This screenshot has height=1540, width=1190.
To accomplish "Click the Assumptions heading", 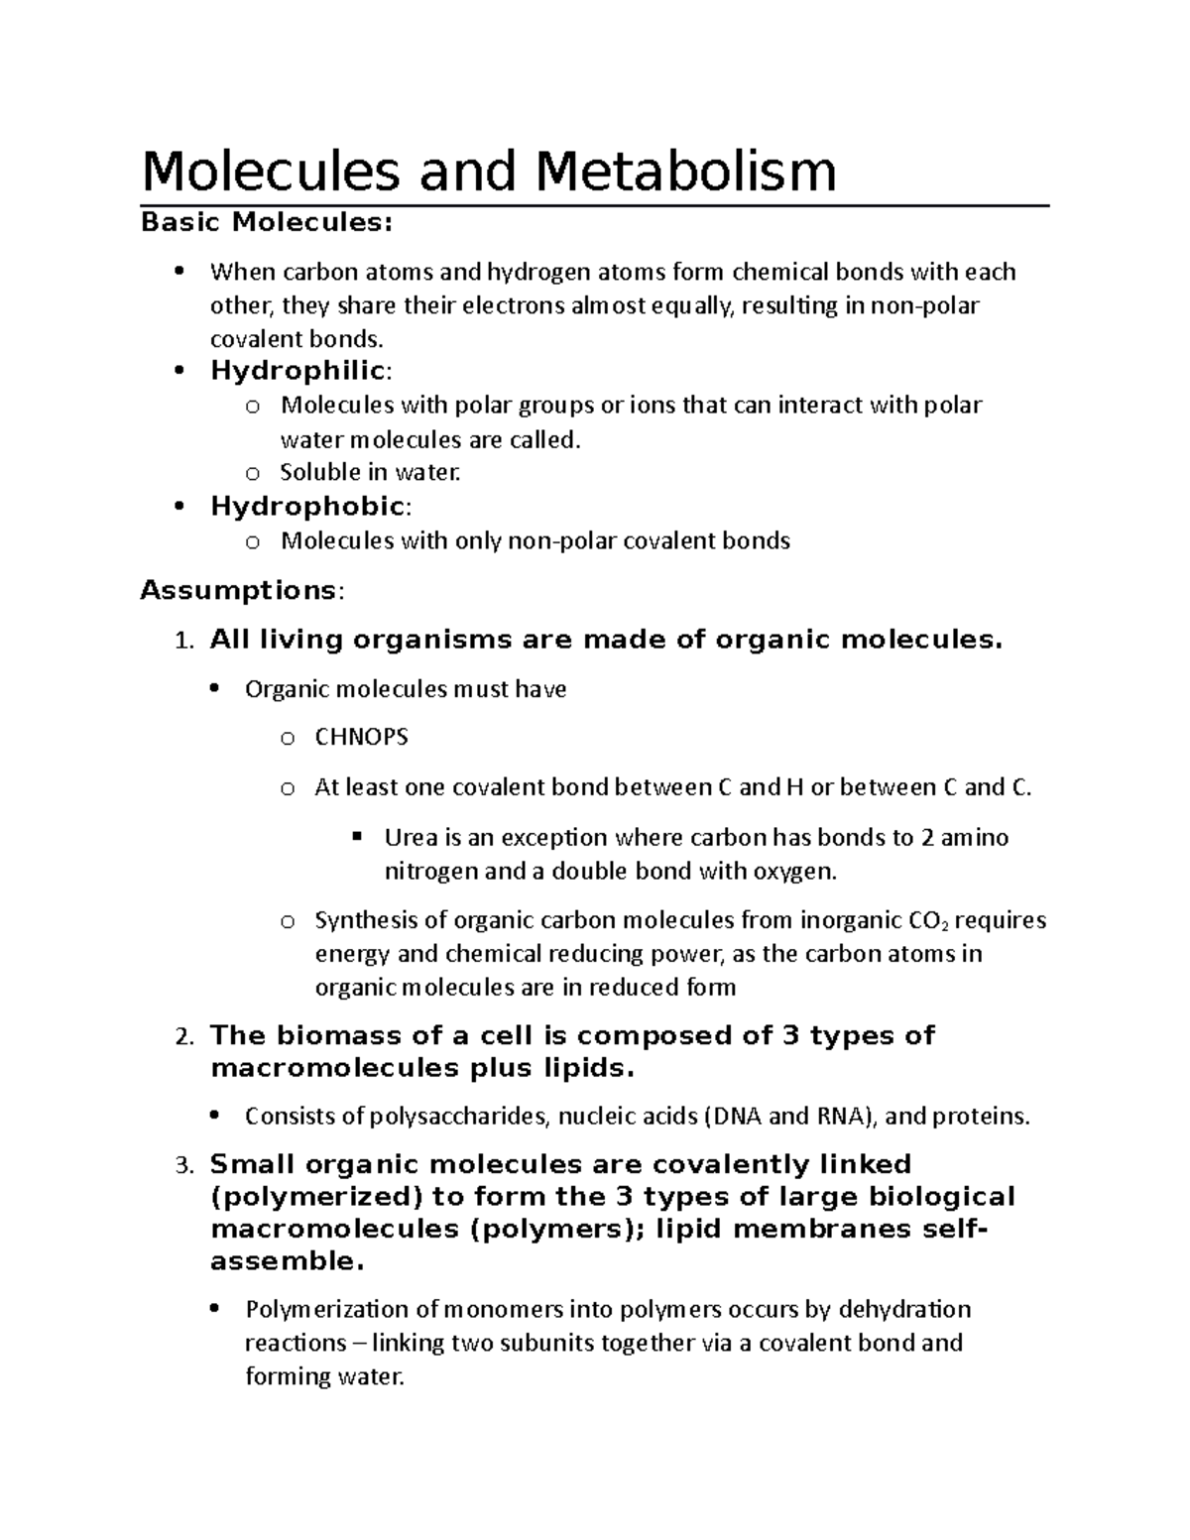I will [239, 591].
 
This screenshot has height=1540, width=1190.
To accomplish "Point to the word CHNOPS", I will [361, 738].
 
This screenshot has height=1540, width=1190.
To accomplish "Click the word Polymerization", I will [327, 1310].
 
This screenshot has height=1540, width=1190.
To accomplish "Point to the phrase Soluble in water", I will [371, 473].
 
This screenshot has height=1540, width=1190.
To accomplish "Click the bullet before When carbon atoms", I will [179, 272].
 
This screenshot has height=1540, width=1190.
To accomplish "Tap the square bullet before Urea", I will [356, 837].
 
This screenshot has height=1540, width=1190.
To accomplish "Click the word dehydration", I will [904, 1310].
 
